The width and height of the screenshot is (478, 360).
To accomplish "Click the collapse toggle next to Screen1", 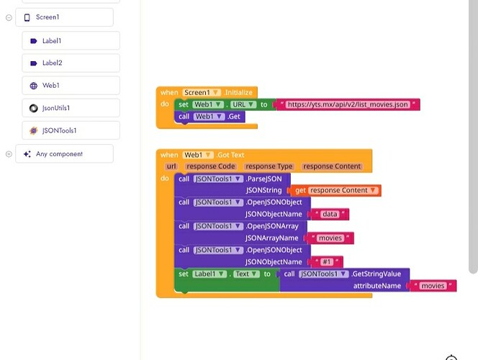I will click(x=9, y=17).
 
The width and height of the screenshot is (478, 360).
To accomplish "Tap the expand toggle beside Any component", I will click(x=9, y=154).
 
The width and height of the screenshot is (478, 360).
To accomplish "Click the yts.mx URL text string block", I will click(x=347, y=105).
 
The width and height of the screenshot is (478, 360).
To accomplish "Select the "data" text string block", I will click(x=330, y=215).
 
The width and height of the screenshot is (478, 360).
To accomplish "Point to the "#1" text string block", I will click(x=327, y=262).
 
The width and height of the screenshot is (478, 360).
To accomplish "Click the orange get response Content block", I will click(x=336, y=191).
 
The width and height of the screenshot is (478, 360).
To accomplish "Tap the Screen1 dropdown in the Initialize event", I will click(x=202, y=93).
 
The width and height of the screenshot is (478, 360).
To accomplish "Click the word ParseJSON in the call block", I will click(x=268, y=179).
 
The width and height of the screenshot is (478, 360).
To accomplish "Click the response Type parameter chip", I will click(x=269, y=166).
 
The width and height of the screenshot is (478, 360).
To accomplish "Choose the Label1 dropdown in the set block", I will click(x=212, y=274).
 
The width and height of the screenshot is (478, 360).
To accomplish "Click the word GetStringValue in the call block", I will click(x=376, y=274).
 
